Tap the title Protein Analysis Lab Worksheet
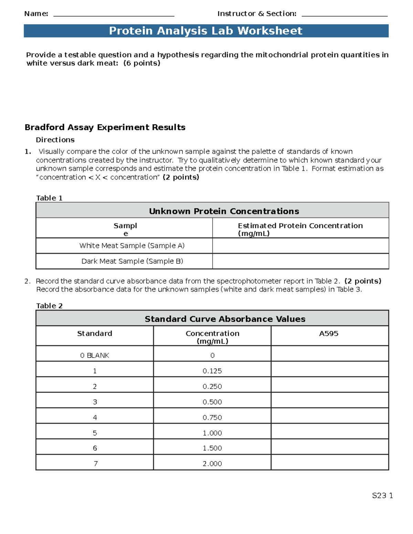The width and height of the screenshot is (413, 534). coord(206,31)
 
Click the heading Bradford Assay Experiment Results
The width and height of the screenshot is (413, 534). coord(105,128)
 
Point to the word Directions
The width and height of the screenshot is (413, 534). coord(55,140)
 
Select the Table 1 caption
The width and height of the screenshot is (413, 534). coord(49,198)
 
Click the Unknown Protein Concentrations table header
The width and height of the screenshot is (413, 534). coord(224,211)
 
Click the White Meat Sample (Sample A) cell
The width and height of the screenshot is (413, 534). coord(132,246)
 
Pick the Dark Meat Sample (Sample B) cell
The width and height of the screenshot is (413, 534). coord(132,261)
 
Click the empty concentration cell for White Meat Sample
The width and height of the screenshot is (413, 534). coord(300,246)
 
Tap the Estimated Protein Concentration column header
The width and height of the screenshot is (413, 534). coord(300,229)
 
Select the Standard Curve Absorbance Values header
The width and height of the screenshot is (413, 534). coord(225,319)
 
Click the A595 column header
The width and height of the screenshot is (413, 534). coord(329,334)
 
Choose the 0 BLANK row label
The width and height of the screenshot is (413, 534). coord(95,356)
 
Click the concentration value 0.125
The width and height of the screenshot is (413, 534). coord(212,371)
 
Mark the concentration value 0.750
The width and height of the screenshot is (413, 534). coord(212,417)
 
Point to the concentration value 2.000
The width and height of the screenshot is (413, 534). coord(212,464)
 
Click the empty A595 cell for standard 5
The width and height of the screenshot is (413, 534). coord(329,433)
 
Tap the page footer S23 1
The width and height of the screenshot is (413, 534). coord(382,495)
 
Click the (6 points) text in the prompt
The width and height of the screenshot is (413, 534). coord(142,63)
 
